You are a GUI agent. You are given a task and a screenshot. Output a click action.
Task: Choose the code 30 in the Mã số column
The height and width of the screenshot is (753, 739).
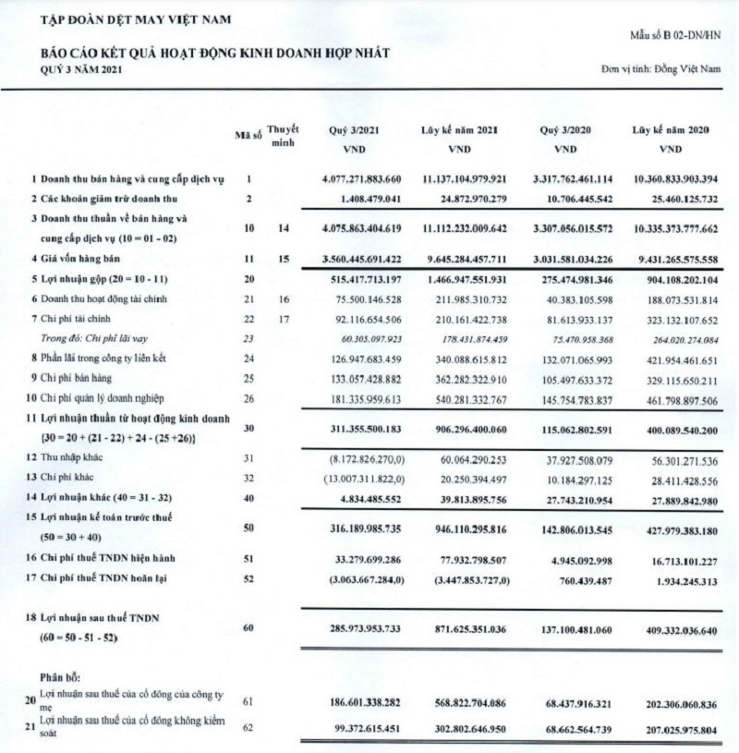click(x=248, y=428)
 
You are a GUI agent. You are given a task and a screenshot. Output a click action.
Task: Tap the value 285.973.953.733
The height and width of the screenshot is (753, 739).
click(x=353, y=626)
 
